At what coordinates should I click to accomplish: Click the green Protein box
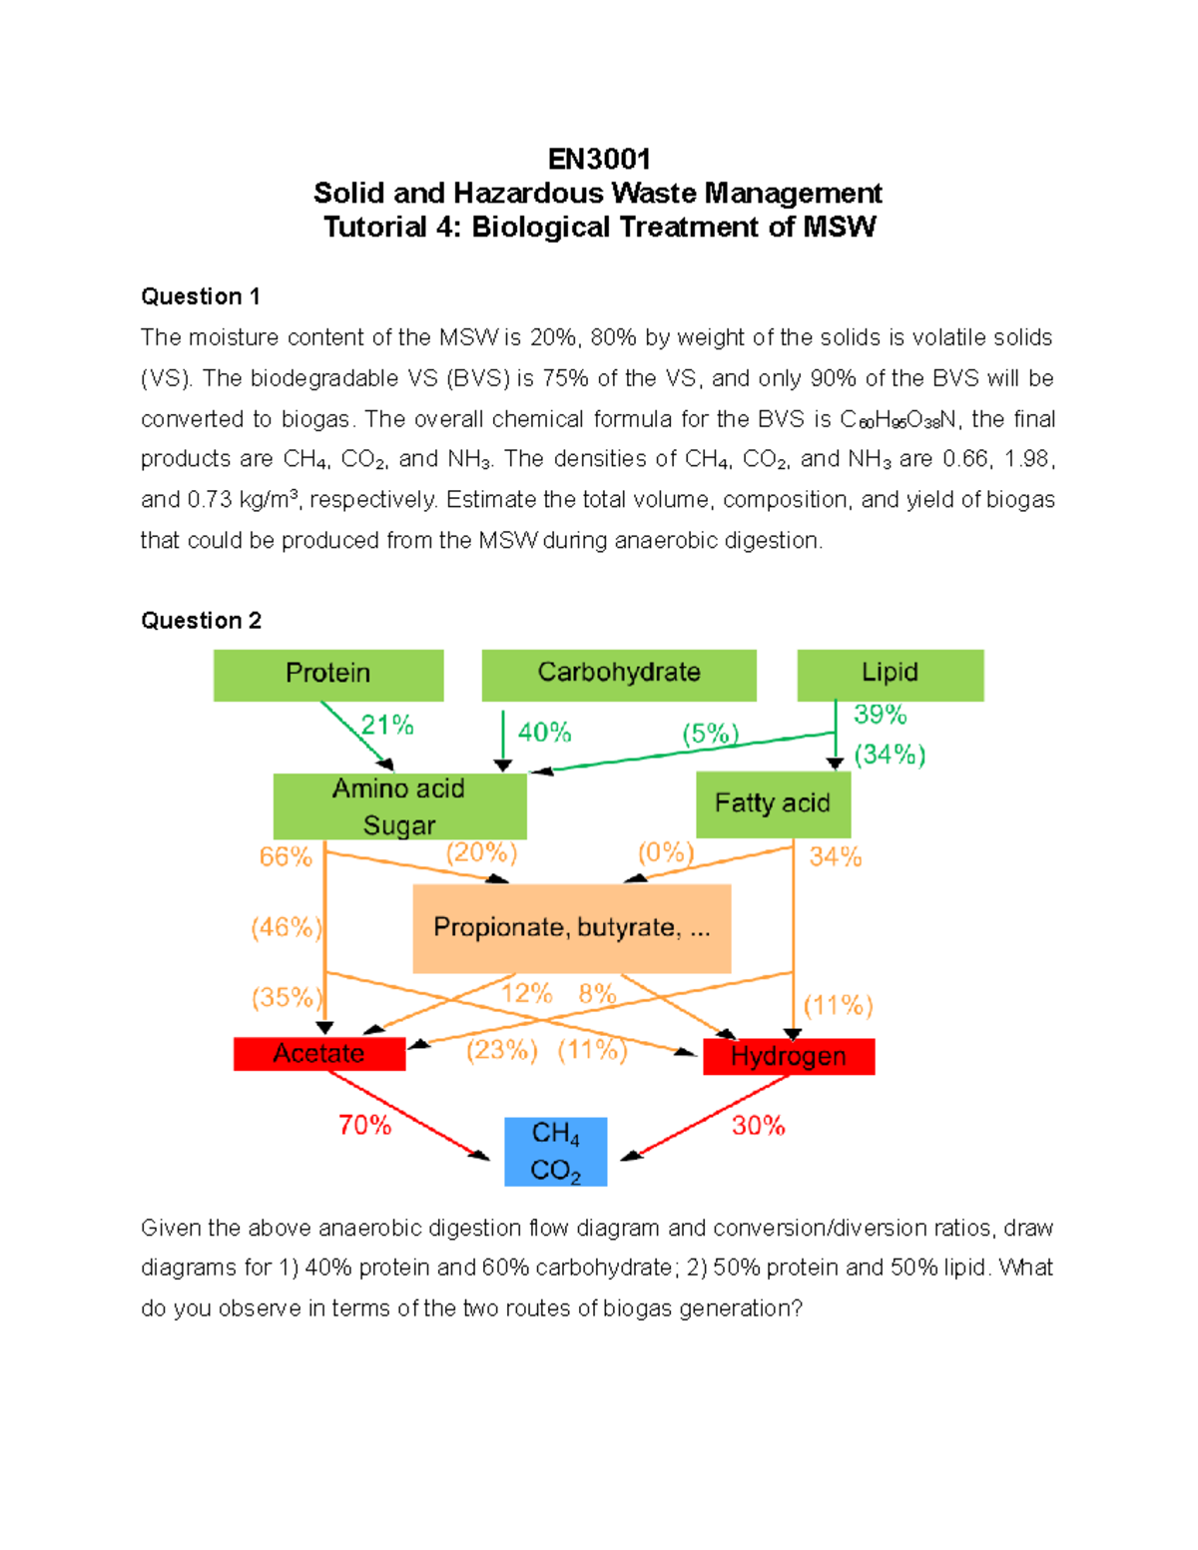(327, 675)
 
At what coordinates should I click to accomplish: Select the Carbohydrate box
(618, 675)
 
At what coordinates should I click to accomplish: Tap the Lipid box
(890, 675)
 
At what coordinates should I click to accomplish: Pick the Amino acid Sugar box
(399, 806)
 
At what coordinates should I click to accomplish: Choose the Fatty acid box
(773, 803)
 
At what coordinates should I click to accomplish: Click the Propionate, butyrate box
(571, 928)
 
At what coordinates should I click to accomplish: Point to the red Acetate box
(319, 1054)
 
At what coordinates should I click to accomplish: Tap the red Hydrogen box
(789, 1056)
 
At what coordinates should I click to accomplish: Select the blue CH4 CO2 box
(555, 1151)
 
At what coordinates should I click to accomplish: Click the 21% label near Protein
(387, 726)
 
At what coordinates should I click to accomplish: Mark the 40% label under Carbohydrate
(544, 733)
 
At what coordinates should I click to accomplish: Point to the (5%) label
(710, 735)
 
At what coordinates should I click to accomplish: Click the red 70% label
(364, 1126)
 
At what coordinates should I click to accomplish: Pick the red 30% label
(758, 1126)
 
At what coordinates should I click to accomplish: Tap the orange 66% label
(286, 857)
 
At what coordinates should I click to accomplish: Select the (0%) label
(665, 853)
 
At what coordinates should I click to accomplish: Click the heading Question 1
(201, 296)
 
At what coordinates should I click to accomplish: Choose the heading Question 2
(201, 621)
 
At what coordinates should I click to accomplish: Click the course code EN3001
(599, 160)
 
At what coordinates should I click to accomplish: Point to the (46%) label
(286, 928)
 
